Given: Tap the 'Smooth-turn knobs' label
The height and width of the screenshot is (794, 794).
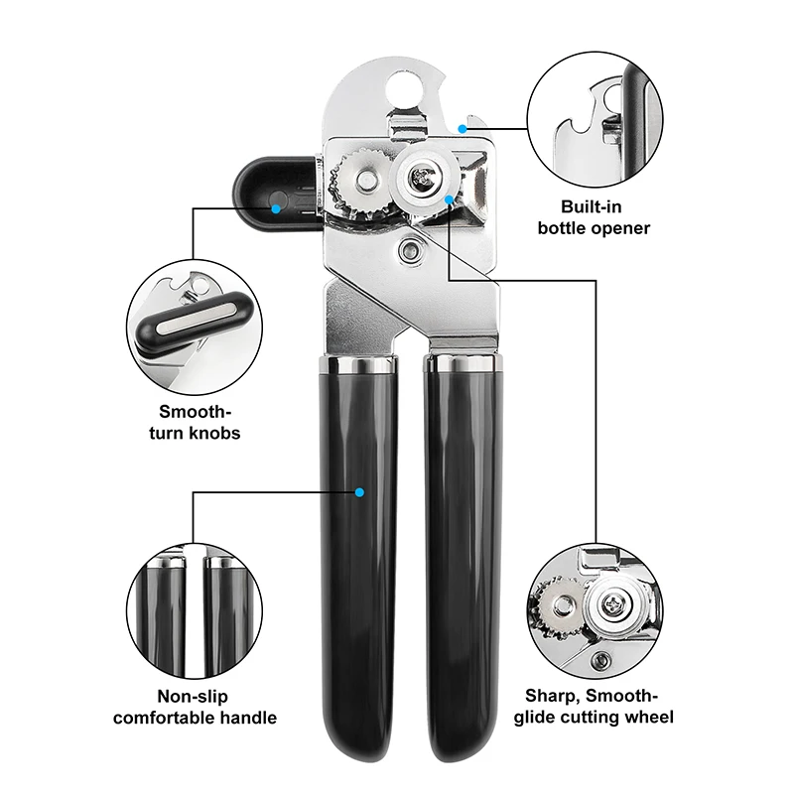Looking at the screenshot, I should coord(198,422).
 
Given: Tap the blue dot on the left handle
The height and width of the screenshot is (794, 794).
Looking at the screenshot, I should coord(360,491).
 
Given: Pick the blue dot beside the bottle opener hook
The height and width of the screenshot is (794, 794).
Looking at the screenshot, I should coord(463,127).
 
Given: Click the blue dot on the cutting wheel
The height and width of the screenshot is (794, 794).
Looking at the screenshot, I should coord(450,199).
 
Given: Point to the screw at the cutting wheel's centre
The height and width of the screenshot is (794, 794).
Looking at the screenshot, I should coord(423,177).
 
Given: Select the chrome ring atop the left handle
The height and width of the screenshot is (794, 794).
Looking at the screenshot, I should coord(357,366).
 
